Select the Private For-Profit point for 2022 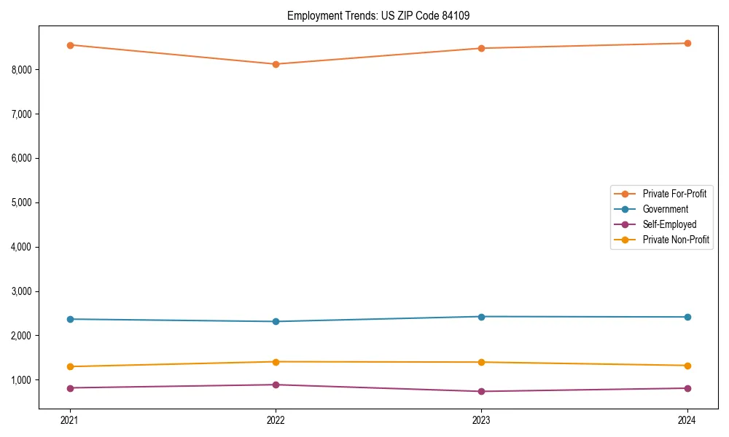pos(276,64)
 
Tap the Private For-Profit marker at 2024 pos(687,43)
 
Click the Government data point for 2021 pos(70,319)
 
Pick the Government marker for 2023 pos(481,317)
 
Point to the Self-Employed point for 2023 pos(481,391)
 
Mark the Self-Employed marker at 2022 pos(276,385)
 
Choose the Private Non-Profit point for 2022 pos(276,362)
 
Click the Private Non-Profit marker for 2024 pos(687,366)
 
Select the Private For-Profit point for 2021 pos(70,45)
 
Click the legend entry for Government pos(665,209)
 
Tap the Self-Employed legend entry pos(669,224)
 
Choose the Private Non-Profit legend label pos(676,240)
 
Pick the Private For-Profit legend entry pos(674,194)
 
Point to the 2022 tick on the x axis pos(276,420)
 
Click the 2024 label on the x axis pos(687,420)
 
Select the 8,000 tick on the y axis pos(22,70)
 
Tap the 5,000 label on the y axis pos(22,202)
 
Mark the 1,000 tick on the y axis pos(22,380)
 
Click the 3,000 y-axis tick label pos(22,291)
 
